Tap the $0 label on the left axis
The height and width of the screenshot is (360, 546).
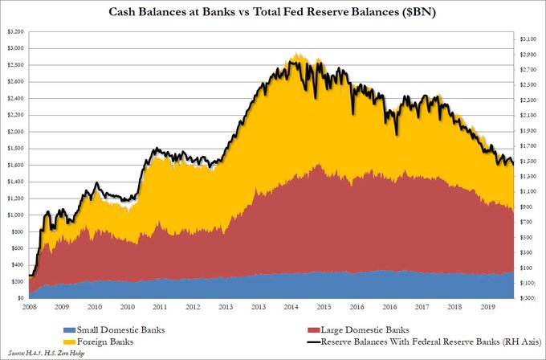tap(20, 298)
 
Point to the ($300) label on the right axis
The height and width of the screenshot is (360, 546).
tap(526, 298)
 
